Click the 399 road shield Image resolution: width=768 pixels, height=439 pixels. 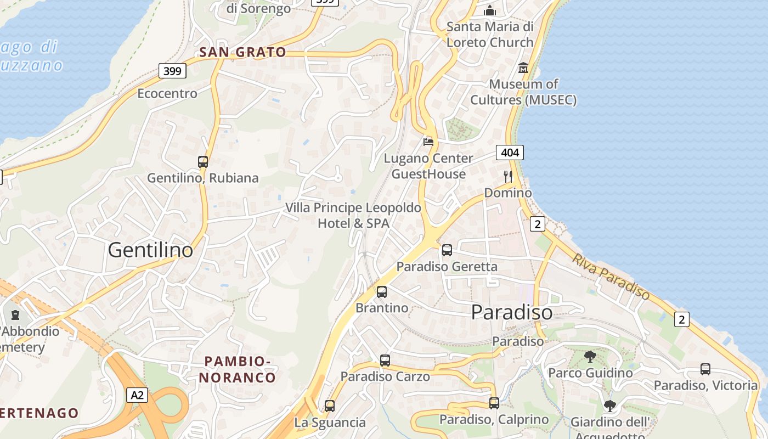[x=173, y=71]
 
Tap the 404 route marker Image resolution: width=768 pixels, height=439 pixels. [x=510, y=153]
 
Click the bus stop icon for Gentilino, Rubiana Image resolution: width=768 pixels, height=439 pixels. [x=203, y=162]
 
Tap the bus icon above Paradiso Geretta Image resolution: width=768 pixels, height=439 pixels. [x=447, y=250]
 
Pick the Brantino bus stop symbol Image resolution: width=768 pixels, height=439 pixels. [x=382, y=292]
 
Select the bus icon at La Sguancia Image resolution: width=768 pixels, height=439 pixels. [x=330, y=406]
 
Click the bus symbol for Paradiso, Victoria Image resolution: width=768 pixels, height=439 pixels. [x=705, y=369]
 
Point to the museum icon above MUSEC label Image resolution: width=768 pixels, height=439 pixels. [x=523, y=68]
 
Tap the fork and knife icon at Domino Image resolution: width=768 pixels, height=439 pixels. [x=508, y=177]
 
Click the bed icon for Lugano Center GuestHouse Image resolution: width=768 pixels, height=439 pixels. [x=428, y=142]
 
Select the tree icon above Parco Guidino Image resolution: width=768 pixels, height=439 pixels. [x=590, y=357]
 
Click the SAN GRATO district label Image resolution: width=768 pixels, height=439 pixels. [x=242, y=53]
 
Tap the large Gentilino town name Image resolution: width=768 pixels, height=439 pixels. [x=150, y=250]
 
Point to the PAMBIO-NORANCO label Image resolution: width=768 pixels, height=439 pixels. [x=237, y=369]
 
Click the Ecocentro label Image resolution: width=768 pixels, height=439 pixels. [x=167, y=93]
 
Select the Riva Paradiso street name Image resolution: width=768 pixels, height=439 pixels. [x=611, y=277]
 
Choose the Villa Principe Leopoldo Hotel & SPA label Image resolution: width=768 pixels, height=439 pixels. [x=353, y=216]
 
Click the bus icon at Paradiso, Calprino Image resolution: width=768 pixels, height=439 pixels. [x=494, y=403]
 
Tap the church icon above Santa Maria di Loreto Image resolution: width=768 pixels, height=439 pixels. [x=490, y=10]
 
